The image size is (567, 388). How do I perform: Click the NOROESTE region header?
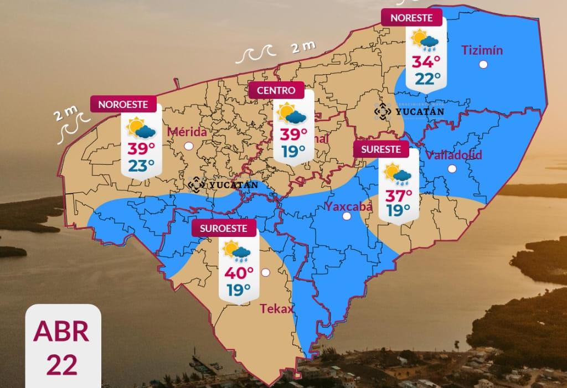[x=122, y=104]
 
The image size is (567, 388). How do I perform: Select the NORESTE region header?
[x=411, y=18]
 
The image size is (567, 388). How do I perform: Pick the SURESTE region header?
[x=381, y=149]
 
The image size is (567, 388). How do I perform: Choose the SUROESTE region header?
[x=224, y=227]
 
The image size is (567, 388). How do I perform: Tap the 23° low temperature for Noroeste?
[x=142, y=165]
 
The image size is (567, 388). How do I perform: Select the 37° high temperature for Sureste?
[x=398, y=195]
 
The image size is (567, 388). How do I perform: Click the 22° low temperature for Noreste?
[x=427, y=79]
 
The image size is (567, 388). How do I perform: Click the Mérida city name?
[x=186, y=132]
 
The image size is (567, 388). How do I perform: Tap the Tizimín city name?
[x=482, y=50]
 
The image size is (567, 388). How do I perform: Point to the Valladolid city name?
[x=453, y=155]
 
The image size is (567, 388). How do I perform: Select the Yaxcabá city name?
[x=348, y=207]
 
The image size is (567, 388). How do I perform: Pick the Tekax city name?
[x=276, y=309]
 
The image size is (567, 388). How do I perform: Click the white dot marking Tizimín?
[x=483, y=65]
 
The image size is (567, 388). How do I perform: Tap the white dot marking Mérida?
[x=189, y=146]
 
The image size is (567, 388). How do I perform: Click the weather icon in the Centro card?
[x=292, y=114]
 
